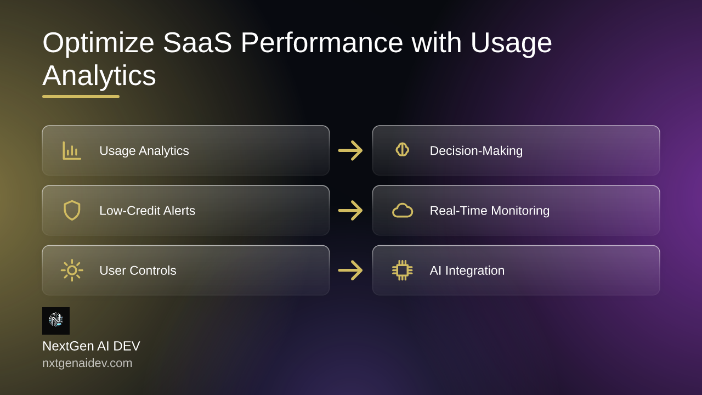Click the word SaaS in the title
[x=197, y=43]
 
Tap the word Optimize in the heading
[x=98, y=44]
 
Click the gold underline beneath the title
[x=81, y=97]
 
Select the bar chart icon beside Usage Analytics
[x=72, y=150]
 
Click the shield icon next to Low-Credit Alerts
[x=72, y=210]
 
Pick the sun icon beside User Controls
[x=72, y=270]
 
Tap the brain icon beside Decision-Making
[x=403, y=150]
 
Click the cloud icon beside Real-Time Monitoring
[x=403, y=210]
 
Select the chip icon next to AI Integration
[x=403, y=270]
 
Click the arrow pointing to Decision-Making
[x=350, y=150]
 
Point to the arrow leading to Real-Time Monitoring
[x=350, y=210]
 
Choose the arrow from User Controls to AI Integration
[x=350, y=270]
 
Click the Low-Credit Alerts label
[x=148, y=211]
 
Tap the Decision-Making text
[x=477, y=151]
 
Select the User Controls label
[x=138, y=270]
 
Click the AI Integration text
[x=467, y=270]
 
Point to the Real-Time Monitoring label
[x=490, y=211]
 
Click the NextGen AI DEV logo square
[x=56, y=321]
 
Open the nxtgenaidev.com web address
[x=87, y=363]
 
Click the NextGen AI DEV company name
[x=91, y=346]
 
